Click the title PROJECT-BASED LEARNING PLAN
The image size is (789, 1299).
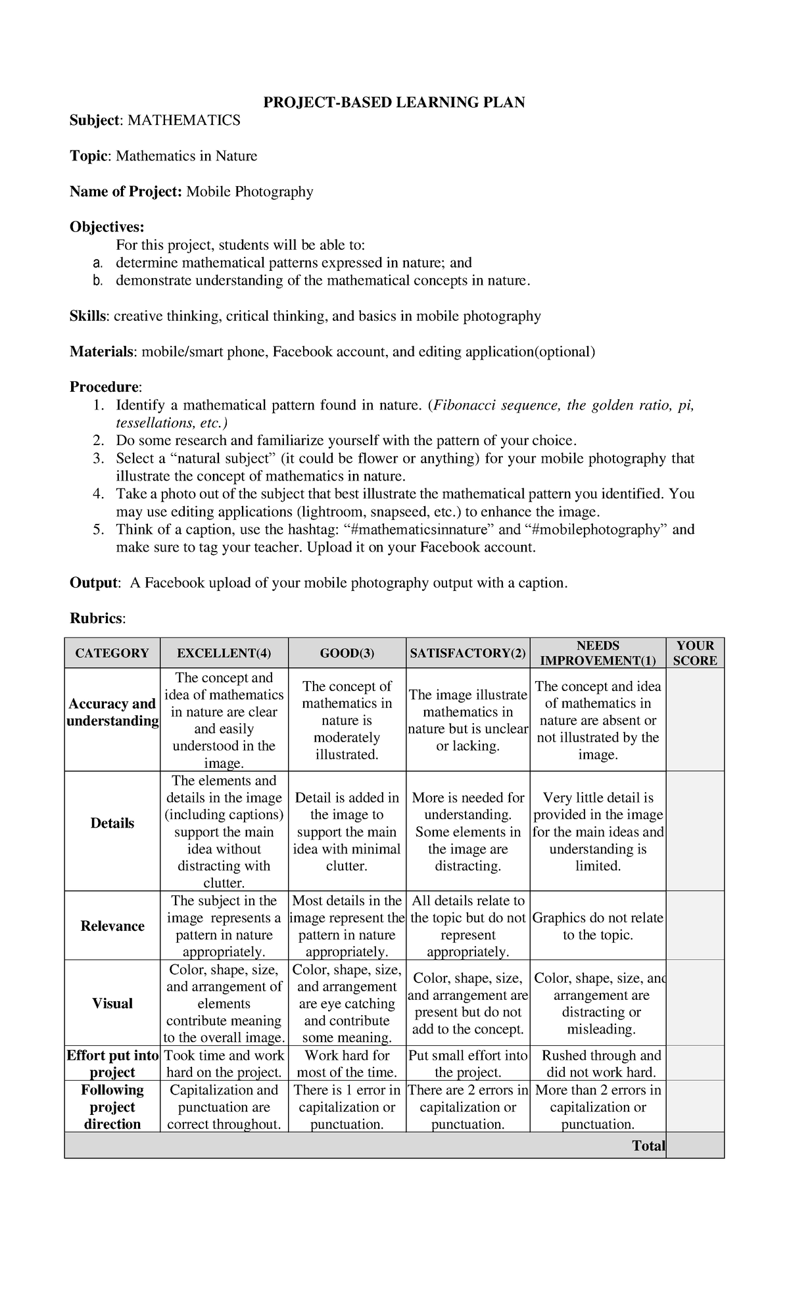coord(394,103)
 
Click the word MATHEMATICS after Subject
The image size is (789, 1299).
coord(183,120)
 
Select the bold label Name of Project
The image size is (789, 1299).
coord(126,191)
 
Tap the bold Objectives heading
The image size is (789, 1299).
coord(107,227)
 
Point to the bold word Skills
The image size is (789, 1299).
coord(89,316)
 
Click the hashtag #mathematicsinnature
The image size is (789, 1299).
coord(421,529)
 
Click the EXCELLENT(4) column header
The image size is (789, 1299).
coord(224,653)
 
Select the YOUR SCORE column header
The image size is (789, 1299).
coord(694,653)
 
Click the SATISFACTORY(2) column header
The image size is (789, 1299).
coord(467,653)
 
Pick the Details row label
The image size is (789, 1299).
coord(112,824)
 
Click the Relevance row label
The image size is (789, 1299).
coord(112,926)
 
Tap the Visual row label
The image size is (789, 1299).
coord(112,1003)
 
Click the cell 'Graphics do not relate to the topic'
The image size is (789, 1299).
coord(598,926)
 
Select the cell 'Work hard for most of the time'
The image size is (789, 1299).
coord(347,1064)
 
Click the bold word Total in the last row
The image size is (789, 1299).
coord(648,1146)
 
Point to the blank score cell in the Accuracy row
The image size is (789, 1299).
coord(694,720)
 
